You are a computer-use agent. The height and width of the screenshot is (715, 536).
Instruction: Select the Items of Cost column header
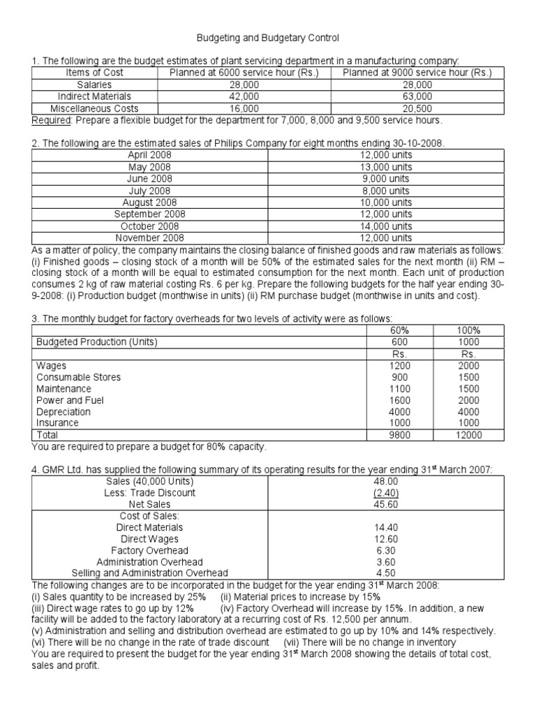94,73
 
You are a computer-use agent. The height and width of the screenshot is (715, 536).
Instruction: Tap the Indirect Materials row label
94,96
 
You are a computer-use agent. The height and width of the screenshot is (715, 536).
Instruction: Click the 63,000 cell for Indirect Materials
417,96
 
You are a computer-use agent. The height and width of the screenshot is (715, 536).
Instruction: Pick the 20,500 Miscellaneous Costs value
417,108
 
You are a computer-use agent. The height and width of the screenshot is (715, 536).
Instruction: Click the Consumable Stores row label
78,377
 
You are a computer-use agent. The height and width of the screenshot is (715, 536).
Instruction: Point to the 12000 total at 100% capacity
469,434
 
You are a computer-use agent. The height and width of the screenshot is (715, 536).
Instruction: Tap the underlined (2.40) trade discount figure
386,492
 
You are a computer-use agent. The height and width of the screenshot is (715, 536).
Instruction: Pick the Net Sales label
149,503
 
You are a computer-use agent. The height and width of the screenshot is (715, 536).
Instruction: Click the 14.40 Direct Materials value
386,527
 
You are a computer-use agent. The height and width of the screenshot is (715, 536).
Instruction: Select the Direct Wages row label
149,538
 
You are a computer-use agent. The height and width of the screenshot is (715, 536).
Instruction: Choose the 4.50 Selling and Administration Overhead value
386,573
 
